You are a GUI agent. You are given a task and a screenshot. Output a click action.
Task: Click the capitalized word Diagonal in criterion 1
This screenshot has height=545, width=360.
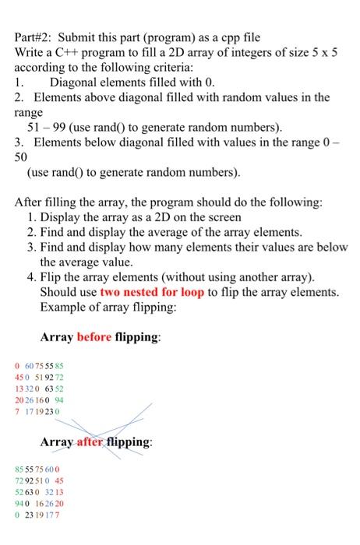(x=74, y=83)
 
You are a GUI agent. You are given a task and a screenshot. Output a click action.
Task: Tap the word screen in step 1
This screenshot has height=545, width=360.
(x=224, y=217)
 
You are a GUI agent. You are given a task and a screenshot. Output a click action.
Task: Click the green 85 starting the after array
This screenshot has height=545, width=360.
(x=19, y=469)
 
